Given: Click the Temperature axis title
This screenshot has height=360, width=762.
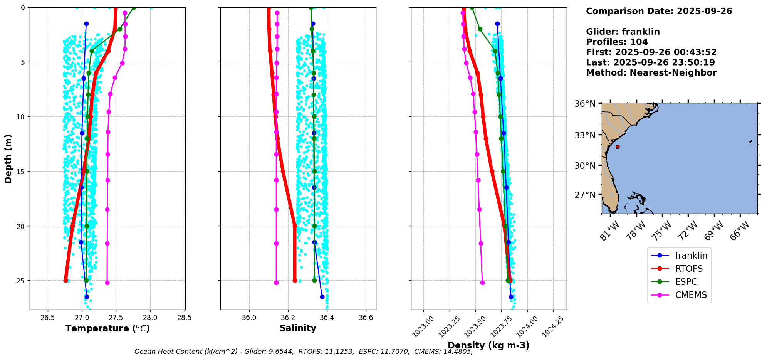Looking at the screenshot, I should tap(107, 328).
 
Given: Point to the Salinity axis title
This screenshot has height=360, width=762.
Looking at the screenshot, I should tap(298, 328).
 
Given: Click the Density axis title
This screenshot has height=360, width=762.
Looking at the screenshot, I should tap(488, 345).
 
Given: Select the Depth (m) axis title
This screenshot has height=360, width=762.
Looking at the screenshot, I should tap(8, 158).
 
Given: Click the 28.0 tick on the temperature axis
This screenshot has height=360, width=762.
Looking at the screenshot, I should tap(150, 318).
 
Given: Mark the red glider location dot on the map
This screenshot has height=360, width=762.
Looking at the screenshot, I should tap(618, 146).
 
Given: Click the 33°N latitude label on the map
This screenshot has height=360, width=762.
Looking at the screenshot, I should tap(585, 135).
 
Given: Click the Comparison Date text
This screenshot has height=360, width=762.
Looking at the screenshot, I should tap(659, 11).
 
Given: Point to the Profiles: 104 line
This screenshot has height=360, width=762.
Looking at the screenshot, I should tap(617, 42).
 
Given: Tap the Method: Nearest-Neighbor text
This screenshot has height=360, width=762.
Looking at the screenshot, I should tap(651, 73).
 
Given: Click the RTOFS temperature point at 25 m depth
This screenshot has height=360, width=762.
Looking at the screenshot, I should tap(66, 280).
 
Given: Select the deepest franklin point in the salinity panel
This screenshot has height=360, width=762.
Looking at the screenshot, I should tap(322, 297).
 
